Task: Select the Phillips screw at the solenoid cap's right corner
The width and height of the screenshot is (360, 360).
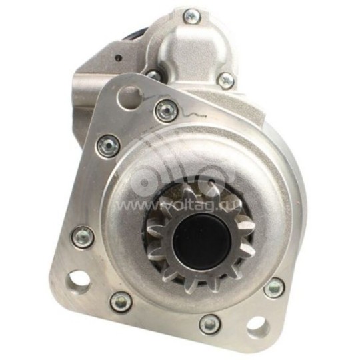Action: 226,80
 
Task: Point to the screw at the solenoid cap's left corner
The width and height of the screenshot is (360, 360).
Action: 154,75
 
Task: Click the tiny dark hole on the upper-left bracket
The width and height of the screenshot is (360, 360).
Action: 118,57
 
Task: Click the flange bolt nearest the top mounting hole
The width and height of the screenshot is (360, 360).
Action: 166,111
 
